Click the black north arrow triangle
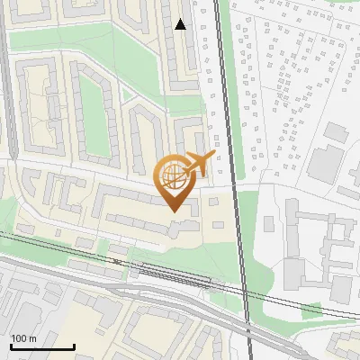tap(181, 24)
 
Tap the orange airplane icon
tap(199, 165)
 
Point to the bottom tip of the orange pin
tap(172, 211)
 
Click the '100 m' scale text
tap(23, 338)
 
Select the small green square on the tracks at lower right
tap(311, 310)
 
